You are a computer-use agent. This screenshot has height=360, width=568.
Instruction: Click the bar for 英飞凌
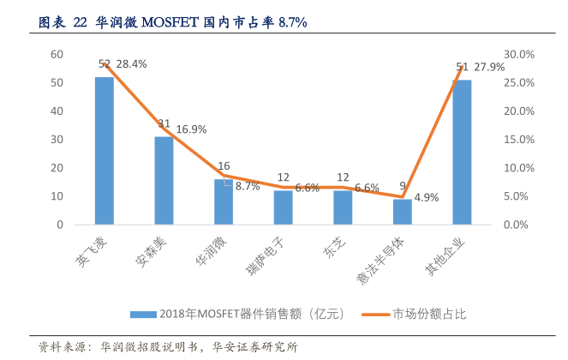pyautogui.click(x=105, y=151)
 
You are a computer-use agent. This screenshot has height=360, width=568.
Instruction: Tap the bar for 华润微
pyautogui.click(x=224, y=202)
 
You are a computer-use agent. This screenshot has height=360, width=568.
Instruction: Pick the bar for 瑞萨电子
pyautogui.click(x=283, y=208)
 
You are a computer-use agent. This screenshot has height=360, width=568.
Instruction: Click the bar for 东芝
pyautogui.click(x=343, y=208)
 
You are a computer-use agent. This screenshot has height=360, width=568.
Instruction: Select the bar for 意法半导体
pyautogui.click(x=403, y=212)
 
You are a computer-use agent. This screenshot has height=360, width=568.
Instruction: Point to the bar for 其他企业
pyautogui.click(x=462, y=153)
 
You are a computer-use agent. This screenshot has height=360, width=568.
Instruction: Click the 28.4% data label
pyautogui.click(x=131, y=63)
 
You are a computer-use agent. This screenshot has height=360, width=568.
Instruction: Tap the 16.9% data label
pyautogui.click(x=191, y=129)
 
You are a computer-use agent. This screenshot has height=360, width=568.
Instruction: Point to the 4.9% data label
pyautogui.click(x=426, y=197)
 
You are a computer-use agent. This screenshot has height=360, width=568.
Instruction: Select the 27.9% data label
pyautogui.click(x=490, y=67)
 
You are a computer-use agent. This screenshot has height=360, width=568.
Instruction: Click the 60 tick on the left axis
pyautogui.click(x=57, y=54)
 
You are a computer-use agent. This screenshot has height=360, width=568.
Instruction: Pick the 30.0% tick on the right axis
pyautogui.click(x=518, y=54)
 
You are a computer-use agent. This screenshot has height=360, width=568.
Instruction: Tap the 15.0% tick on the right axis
pyautogui.click(x=518, y=140)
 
